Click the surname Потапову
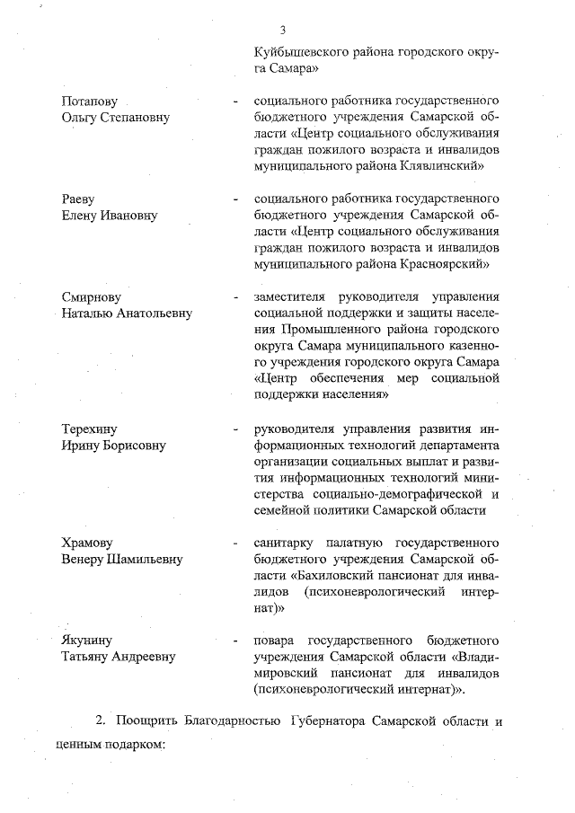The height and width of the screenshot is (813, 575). click(x=89, y=102)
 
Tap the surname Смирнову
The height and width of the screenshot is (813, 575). click(x=91, y=296)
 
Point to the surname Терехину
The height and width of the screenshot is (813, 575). click(x=89, y=428)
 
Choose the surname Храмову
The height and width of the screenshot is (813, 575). click(x=87, y=543)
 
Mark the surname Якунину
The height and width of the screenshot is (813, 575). click(x=86, y=640)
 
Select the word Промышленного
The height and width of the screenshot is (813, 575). click(x=299, y=329)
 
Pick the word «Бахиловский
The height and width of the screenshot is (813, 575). click(x=339, y=575)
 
